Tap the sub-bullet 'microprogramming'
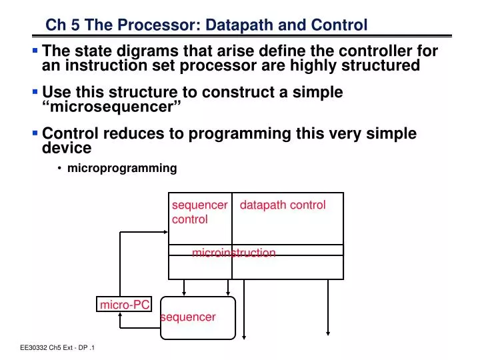[x=122, y=168]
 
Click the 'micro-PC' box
[x=125, y=305]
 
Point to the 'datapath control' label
[x=282, y=205]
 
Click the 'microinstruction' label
[x=233, y=253]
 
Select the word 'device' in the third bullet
[x=66, y=147]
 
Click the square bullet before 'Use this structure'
[x=35, y=92]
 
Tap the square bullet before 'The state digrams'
[x=35, y=51]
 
